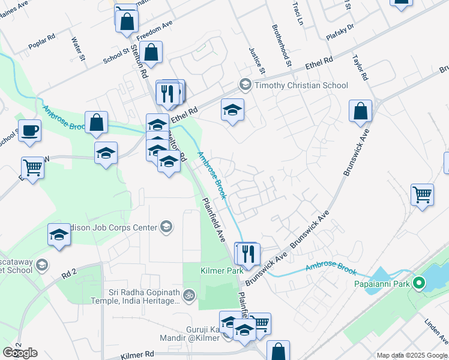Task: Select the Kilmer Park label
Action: point(221,271)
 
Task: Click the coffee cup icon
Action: point(29,130)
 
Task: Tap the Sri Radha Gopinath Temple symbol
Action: point(189,295)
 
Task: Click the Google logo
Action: point(20,353)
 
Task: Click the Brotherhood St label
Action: point(282,46)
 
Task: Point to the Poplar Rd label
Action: point(42,46)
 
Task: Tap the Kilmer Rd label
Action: point(137,356)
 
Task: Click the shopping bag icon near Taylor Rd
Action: point(360,111)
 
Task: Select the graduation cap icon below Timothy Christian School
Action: point(232,110)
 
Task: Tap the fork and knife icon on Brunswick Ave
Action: point(247,253)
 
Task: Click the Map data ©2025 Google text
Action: point(412,355)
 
